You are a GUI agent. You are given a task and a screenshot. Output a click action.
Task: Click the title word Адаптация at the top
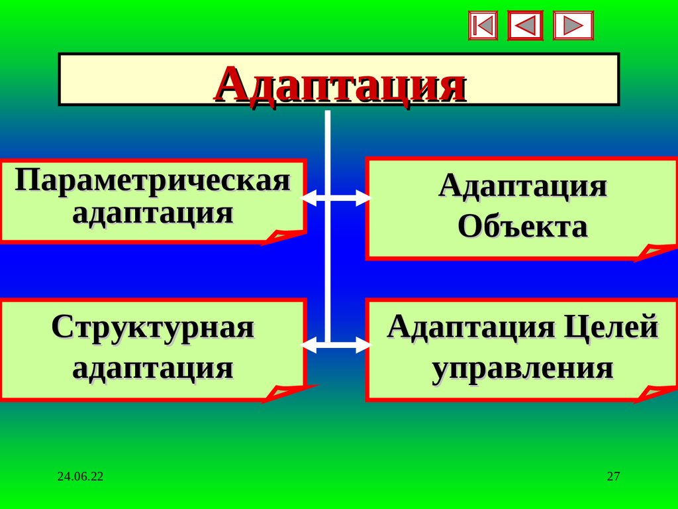tap(339, 84)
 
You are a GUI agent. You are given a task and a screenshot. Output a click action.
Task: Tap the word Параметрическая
tap(153, 181)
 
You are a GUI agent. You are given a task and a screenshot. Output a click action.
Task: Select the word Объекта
tap(522, 227)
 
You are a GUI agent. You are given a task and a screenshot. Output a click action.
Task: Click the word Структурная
tap(153, 327)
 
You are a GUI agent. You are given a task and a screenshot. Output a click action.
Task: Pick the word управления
tap(522, 368)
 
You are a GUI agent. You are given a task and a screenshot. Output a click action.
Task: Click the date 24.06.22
tap(80, 477)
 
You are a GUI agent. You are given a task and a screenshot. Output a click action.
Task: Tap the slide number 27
tap(613, 477)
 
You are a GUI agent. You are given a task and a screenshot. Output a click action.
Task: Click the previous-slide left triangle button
tap(525, 26)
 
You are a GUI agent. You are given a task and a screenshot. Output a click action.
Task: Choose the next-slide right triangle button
tap(573, 26)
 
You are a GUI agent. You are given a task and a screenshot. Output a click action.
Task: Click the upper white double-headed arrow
tap(336, 198)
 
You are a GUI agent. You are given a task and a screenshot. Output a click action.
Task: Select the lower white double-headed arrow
tap(336, 345)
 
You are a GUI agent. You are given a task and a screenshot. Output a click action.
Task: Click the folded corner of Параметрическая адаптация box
tap(281, 237)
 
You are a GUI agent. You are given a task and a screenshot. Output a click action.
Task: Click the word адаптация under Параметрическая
tap(153, 214)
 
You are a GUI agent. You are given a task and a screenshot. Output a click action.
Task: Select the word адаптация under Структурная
tap(153, 368)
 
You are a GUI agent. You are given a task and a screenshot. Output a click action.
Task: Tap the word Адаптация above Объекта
tap(522, 186)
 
